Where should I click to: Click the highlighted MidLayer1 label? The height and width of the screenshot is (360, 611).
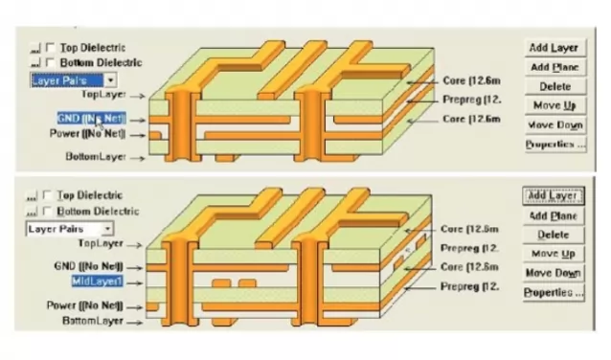pos(97,281)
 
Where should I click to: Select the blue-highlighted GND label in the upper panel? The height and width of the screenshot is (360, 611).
pos(91,117)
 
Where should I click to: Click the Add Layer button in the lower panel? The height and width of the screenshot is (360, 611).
pos(554,196)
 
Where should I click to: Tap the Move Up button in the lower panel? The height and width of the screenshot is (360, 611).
pos(554,254)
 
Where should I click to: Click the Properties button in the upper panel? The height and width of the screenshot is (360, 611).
pos(554,144)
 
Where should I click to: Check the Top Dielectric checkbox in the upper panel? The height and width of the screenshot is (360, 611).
pos(51,47)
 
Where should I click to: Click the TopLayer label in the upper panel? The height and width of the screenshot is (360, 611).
pos(104,95)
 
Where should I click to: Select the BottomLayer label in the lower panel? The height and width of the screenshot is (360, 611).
pos(95,321)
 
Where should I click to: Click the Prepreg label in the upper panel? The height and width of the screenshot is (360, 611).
pos(468,100)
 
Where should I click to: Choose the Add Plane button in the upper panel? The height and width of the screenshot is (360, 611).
pos(554,67)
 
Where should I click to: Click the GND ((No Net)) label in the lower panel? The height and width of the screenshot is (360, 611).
pos(93,264)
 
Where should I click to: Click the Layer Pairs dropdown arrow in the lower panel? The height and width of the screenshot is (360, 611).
pos(106,229)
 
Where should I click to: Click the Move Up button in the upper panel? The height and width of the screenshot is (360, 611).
pos(554,105)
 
